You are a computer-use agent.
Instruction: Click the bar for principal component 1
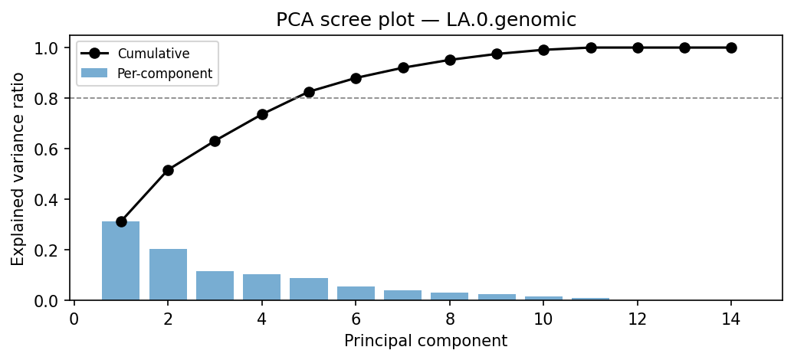[x=121, y=260]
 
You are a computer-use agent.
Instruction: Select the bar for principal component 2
[x=168, y=274]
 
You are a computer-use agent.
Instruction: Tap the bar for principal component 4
[x=262, y=287]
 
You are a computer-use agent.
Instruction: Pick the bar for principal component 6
[x=356, y=293]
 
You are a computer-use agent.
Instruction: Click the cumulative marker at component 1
[x=121, y=221]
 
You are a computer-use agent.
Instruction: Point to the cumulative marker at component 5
[x=309, y=92]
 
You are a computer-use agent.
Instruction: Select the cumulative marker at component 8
[x=450, y=60]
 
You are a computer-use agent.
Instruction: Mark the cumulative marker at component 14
[x=731, y=47]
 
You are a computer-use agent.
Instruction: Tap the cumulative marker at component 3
[x=215, y=141]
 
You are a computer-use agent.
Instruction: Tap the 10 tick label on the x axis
[x=543, y=319]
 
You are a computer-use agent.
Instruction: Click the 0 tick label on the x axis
[x=74, y=319]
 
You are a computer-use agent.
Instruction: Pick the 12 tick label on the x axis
[x=638, y=319]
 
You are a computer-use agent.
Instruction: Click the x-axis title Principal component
[x=425, y=341]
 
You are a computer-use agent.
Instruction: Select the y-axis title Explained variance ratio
[x=18, y=169]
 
